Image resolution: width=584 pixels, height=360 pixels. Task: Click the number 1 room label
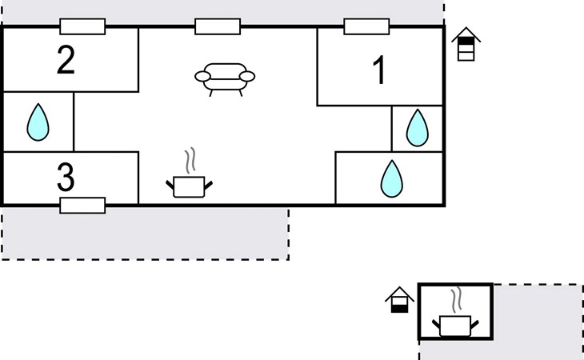click(x=380, y=71)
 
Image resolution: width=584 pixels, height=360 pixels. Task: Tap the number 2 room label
click(x=66, y=61)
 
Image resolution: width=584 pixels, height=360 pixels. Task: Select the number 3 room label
click(x=66, y=177)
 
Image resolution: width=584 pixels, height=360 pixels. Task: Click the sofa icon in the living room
click(x=225, y=78)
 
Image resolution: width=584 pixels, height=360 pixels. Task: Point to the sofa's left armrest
click(x=202, y=76)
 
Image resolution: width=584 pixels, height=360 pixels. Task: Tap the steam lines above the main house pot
click(x=190, y=160)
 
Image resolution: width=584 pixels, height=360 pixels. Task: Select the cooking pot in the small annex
click(x=455, y=326)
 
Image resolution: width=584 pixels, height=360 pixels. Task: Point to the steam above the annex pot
click(x=456, y=300)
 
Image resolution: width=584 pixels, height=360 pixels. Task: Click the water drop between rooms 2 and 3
click(x=38, y=122)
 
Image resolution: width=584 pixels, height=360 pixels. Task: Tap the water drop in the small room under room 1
click(x=417, y=127)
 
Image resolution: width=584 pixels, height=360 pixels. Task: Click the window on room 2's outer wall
click(x=82, y=26)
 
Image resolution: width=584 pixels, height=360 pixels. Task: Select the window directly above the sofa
click(x=218, y=26)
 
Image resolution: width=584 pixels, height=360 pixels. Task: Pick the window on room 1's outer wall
click(x=367, y=26)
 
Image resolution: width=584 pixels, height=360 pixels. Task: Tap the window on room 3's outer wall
click(x=82, y=206)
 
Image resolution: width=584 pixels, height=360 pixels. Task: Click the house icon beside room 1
click(x=466, y=45)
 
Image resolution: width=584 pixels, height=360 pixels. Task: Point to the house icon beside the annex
click(x=399, y=300)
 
